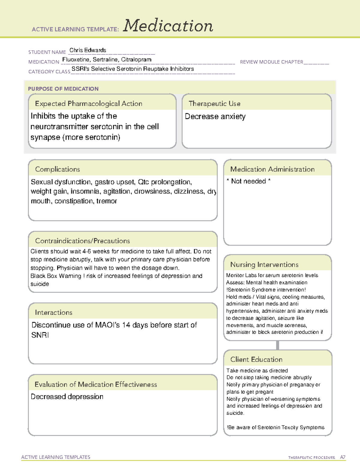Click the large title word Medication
click(x=168, y=26)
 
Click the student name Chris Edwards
click(x=88, y=50)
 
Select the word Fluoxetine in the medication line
click(x=76, y=59)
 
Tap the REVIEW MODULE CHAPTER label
click(x=271, y=62)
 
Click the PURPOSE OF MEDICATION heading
click(x=63, y=89)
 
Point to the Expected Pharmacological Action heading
click(x=88, y=104)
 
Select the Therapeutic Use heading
click(x=214, y=104)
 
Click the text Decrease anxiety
click(x=215, y=116)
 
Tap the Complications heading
click(x=57, y=169)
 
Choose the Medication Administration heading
click(x=272, y=169)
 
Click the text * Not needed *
click(x=248, y=181)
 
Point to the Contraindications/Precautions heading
click(x=82, y=241)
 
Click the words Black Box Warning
click(x=56, y=276)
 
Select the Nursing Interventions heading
click(x=264, y=264)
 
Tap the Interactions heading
click(x=53, y=312)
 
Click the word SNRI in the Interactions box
click(x=40, y=335)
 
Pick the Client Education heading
click(x=256, y=359)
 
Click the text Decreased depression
click(x=67, y=397)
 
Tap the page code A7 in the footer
click(x=343, y=457)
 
